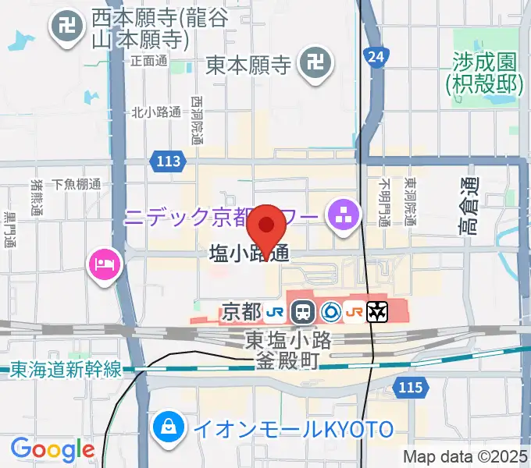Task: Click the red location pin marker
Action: (266, 226)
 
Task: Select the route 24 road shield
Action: (376, 56)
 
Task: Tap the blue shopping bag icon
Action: (168, 426)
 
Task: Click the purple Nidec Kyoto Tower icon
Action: (343, 211)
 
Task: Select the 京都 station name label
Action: (241, 312)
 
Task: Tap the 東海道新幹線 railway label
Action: (66, 370)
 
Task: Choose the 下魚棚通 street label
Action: (77, 185)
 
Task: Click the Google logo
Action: (52, 449)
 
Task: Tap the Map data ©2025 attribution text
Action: (465, 456)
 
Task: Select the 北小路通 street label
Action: (156, 112)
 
